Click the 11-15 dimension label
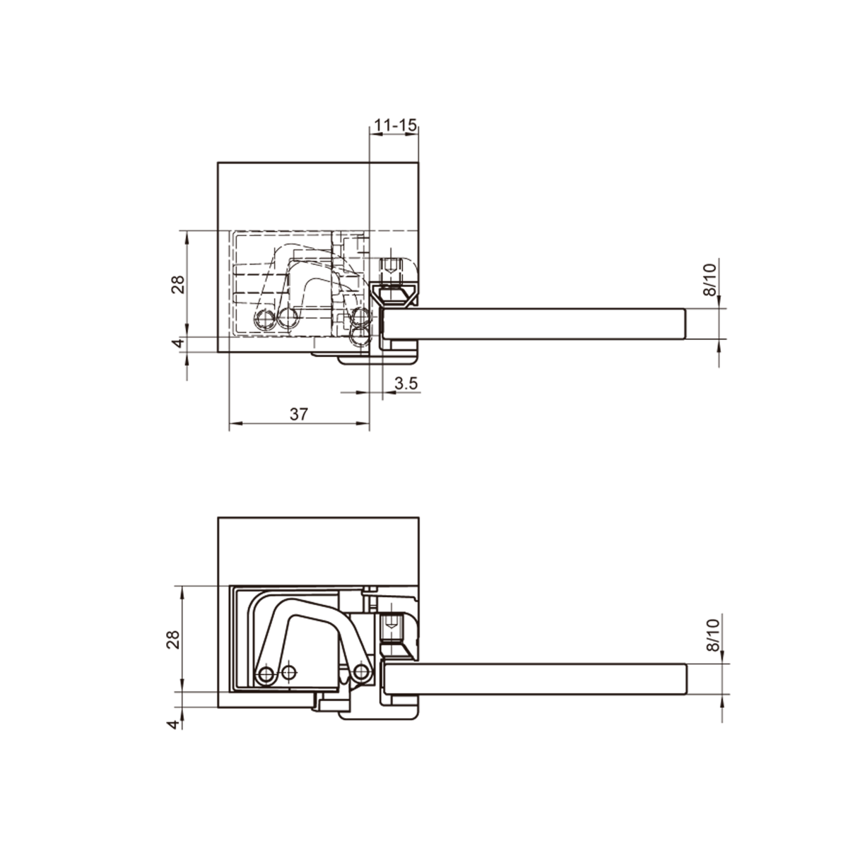tap(394, 124)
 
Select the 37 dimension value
tap(299, 414)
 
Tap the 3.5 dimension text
tap(407, 383)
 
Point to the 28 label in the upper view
tap(178, 283)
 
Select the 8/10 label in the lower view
tap(711, 634)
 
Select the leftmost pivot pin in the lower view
tap(266, 675)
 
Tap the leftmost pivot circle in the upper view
tap(265, 319)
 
